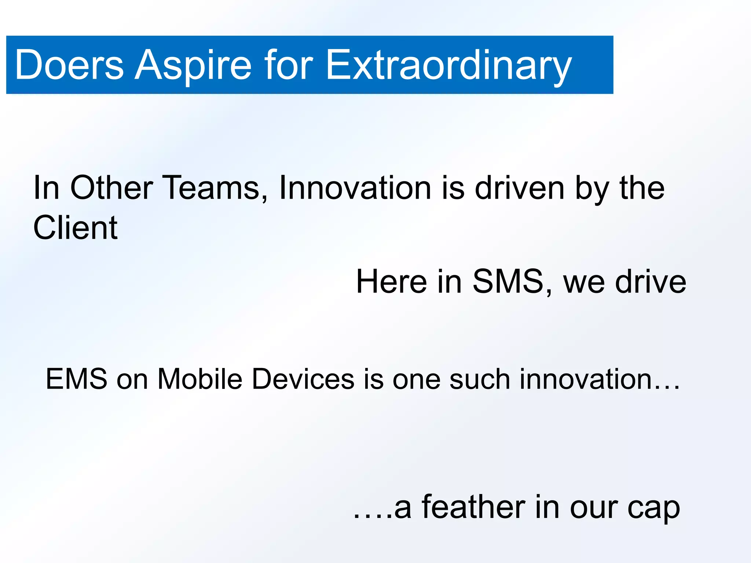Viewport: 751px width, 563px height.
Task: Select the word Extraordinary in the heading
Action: [x=448, y=65]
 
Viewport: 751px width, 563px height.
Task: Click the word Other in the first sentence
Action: [x=111, y=188]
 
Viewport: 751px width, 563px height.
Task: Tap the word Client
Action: [x=75, y=228]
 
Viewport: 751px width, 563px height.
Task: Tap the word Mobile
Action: [x=200, y=379]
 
